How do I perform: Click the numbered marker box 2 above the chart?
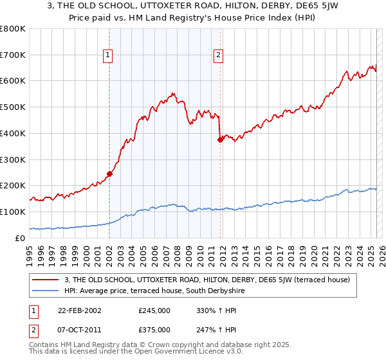click(x=218, y=56)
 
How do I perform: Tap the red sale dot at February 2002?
click(x=110, y=174)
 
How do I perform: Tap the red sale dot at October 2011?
click(x=220, y=139)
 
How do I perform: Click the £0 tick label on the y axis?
click(x=21, y=238)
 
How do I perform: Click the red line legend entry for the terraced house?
click(x=207, y=280)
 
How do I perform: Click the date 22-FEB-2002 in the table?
click(x=79, y=310)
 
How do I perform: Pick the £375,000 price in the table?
click(x=154, y=329)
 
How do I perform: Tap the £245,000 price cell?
click(x=154, y=310)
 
